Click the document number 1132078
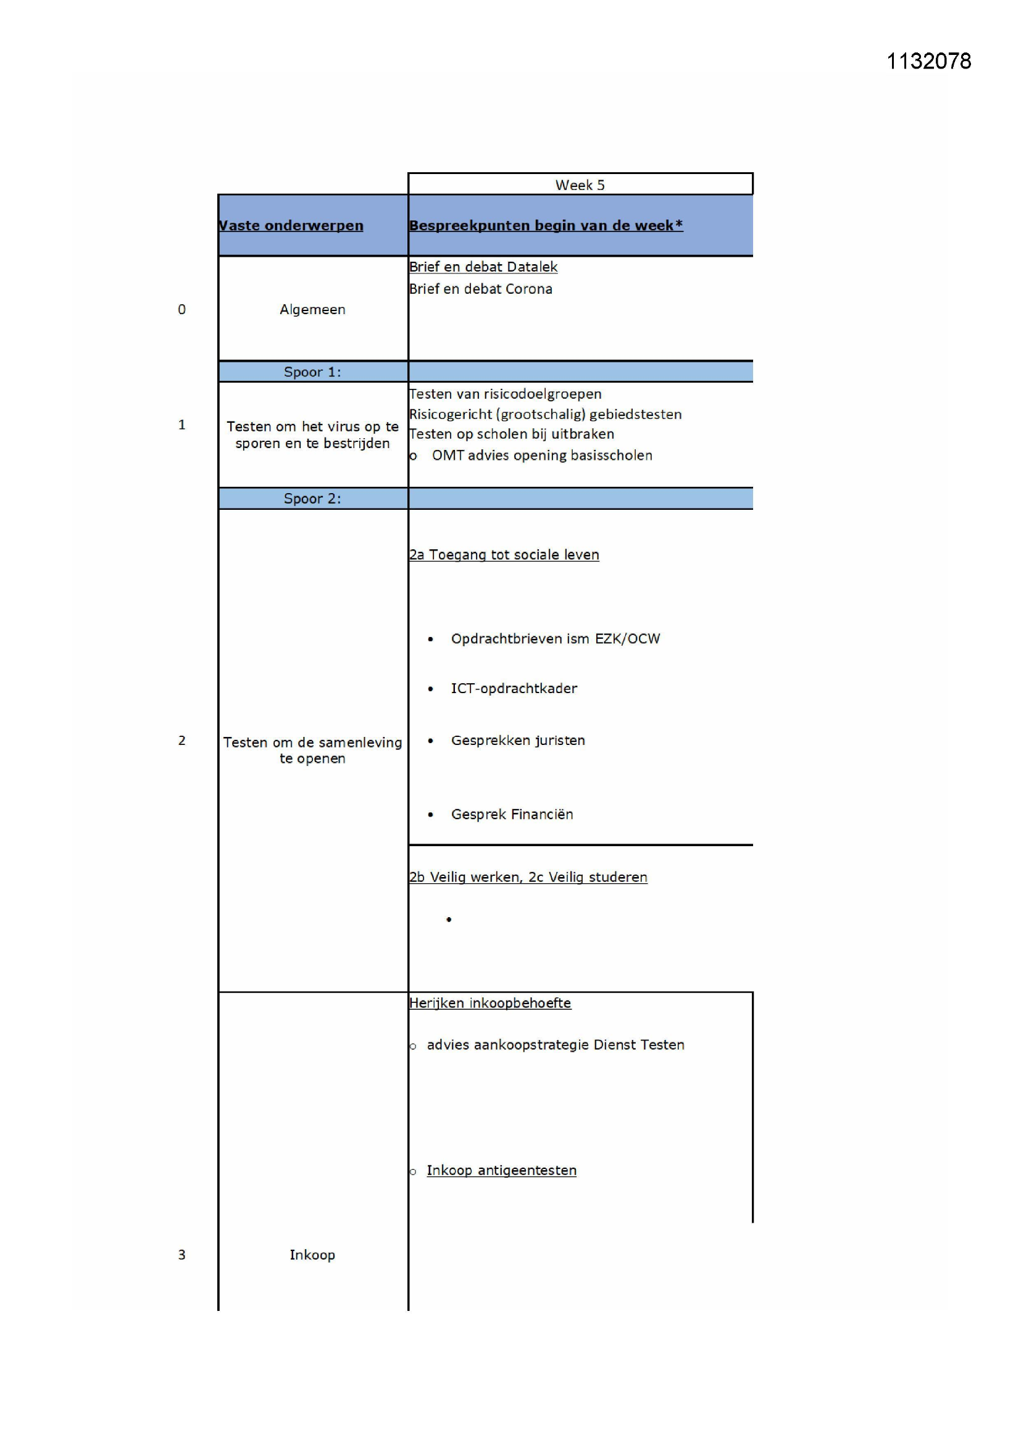point(928,61)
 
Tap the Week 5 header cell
point(580,185)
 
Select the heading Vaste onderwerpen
point(291,226)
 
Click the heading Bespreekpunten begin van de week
point(546,226)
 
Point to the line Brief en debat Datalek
point(483,267)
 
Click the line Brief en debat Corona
point(480,289)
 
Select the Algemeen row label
point(312,309)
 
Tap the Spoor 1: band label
point(312,372)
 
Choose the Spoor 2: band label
point(312,499)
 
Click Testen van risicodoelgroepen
point(505,394)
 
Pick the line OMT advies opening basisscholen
point(542,455)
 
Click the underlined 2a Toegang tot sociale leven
point(504,555)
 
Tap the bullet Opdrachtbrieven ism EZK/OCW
point(555,639)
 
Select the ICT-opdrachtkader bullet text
point(514,689)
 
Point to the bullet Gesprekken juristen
point(517,741)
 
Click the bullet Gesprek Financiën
point(512,815)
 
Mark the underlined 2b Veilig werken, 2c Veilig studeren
point(528,878)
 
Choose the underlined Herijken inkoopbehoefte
point(490,1003)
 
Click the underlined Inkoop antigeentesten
point(501,1170)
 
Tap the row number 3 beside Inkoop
point(181,1255)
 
